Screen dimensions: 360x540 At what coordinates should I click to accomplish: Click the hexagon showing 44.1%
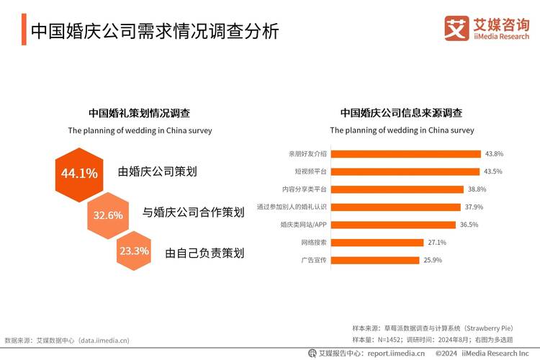pyautogui.click(x=79, y=174)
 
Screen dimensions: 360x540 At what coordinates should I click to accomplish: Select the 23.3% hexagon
pyautogui.click(x=134, y=251)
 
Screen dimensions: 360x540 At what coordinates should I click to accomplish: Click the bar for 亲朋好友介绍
pyautogui.click(x=406, y=153)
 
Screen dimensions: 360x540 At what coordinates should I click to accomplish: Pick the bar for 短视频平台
pyautogui.click(x=405, y=171)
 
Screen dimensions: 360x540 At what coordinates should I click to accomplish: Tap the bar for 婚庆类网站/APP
pyautogui.click(x=394, y=224)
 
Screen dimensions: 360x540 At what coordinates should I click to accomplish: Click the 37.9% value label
pyautogui.click(x=474, y=207)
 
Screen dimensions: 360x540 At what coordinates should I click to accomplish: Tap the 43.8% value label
pyautogui.click(x=494, y=153)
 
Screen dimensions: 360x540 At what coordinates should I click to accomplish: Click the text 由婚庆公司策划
pyautogui.click(x=158, y=172)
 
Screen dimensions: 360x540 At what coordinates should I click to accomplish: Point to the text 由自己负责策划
pyautogui.click(x=204, y=253)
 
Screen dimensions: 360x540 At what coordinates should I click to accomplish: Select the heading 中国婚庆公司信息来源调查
pyautogui.click(x=402, y=113)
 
